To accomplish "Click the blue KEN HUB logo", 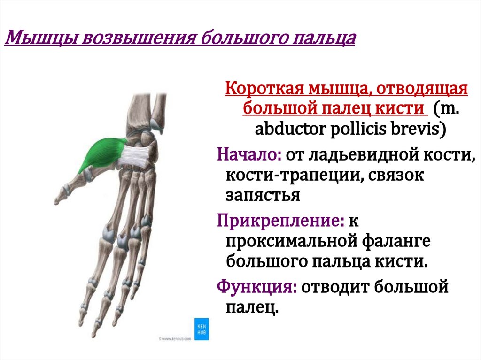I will click(201, 329).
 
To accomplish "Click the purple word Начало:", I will click(247, 154).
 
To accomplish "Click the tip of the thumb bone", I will click(57, 201).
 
